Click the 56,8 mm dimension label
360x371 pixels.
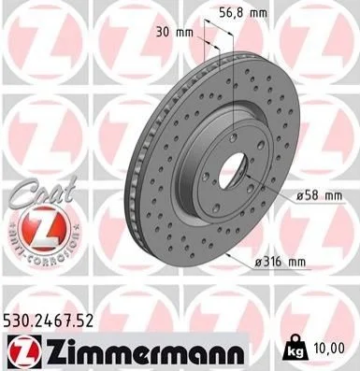[243, 13]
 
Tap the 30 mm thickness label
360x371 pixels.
[175, 32]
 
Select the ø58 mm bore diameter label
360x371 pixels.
[319, 196]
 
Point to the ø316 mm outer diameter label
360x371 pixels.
[281, 262]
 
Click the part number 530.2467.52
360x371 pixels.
[49, 321]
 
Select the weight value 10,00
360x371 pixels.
[330, 348]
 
